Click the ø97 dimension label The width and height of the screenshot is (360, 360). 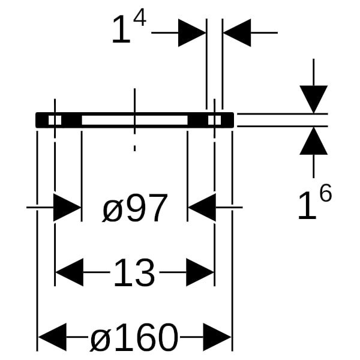point(135,208)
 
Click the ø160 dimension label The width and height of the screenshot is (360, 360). point(134,337)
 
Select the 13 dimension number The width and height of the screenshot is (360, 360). point(134,272)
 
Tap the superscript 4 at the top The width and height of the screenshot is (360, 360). point(140,17)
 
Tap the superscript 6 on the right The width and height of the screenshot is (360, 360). point(325,193)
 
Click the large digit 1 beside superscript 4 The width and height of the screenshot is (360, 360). point(122,29)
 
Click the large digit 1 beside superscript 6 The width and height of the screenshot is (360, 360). point(307,205)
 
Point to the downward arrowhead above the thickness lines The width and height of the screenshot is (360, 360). point(314,99)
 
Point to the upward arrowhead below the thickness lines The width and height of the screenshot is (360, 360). point(314,140)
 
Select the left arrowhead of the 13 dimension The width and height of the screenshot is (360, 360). point(70,272)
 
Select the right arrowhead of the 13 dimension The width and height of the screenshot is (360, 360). point(200,272)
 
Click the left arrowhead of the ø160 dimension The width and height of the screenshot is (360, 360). point(52,337)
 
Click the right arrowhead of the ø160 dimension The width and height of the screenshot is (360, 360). point(217,337)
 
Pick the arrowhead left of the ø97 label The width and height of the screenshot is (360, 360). point(67,208)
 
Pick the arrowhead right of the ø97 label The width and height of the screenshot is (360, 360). point(202,208)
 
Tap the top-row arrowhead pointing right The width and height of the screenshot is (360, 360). point(192,32)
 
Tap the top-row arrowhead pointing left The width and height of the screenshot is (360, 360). point(237,32)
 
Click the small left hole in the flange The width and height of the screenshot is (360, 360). point(55,120)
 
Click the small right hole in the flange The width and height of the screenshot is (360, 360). point(214,120)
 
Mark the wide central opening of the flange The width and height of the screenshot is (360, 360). point(134,120)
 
